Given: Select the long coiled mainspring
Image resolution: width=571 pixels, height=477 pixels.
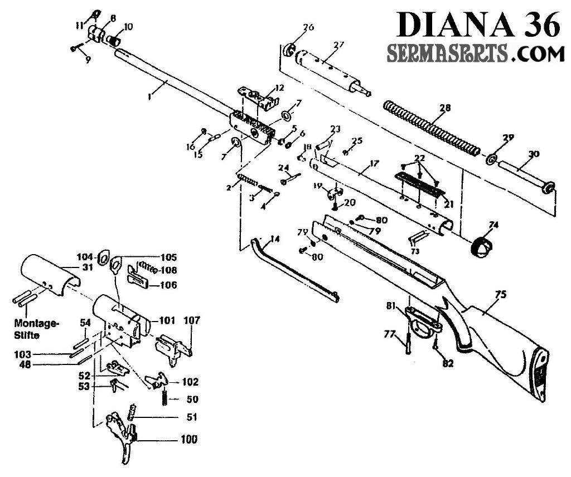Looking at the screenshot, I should click(429, 127).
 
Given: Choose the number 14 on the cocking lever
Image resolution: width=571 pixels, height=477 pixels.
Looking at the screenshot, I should click(273, 240).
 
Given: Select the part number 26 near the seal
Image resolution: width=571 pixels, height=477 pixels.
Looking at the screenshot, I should click(308, 27).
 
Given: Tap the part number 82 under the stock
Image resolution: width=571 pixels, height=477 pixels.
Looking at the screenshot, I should click(447, 363).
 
